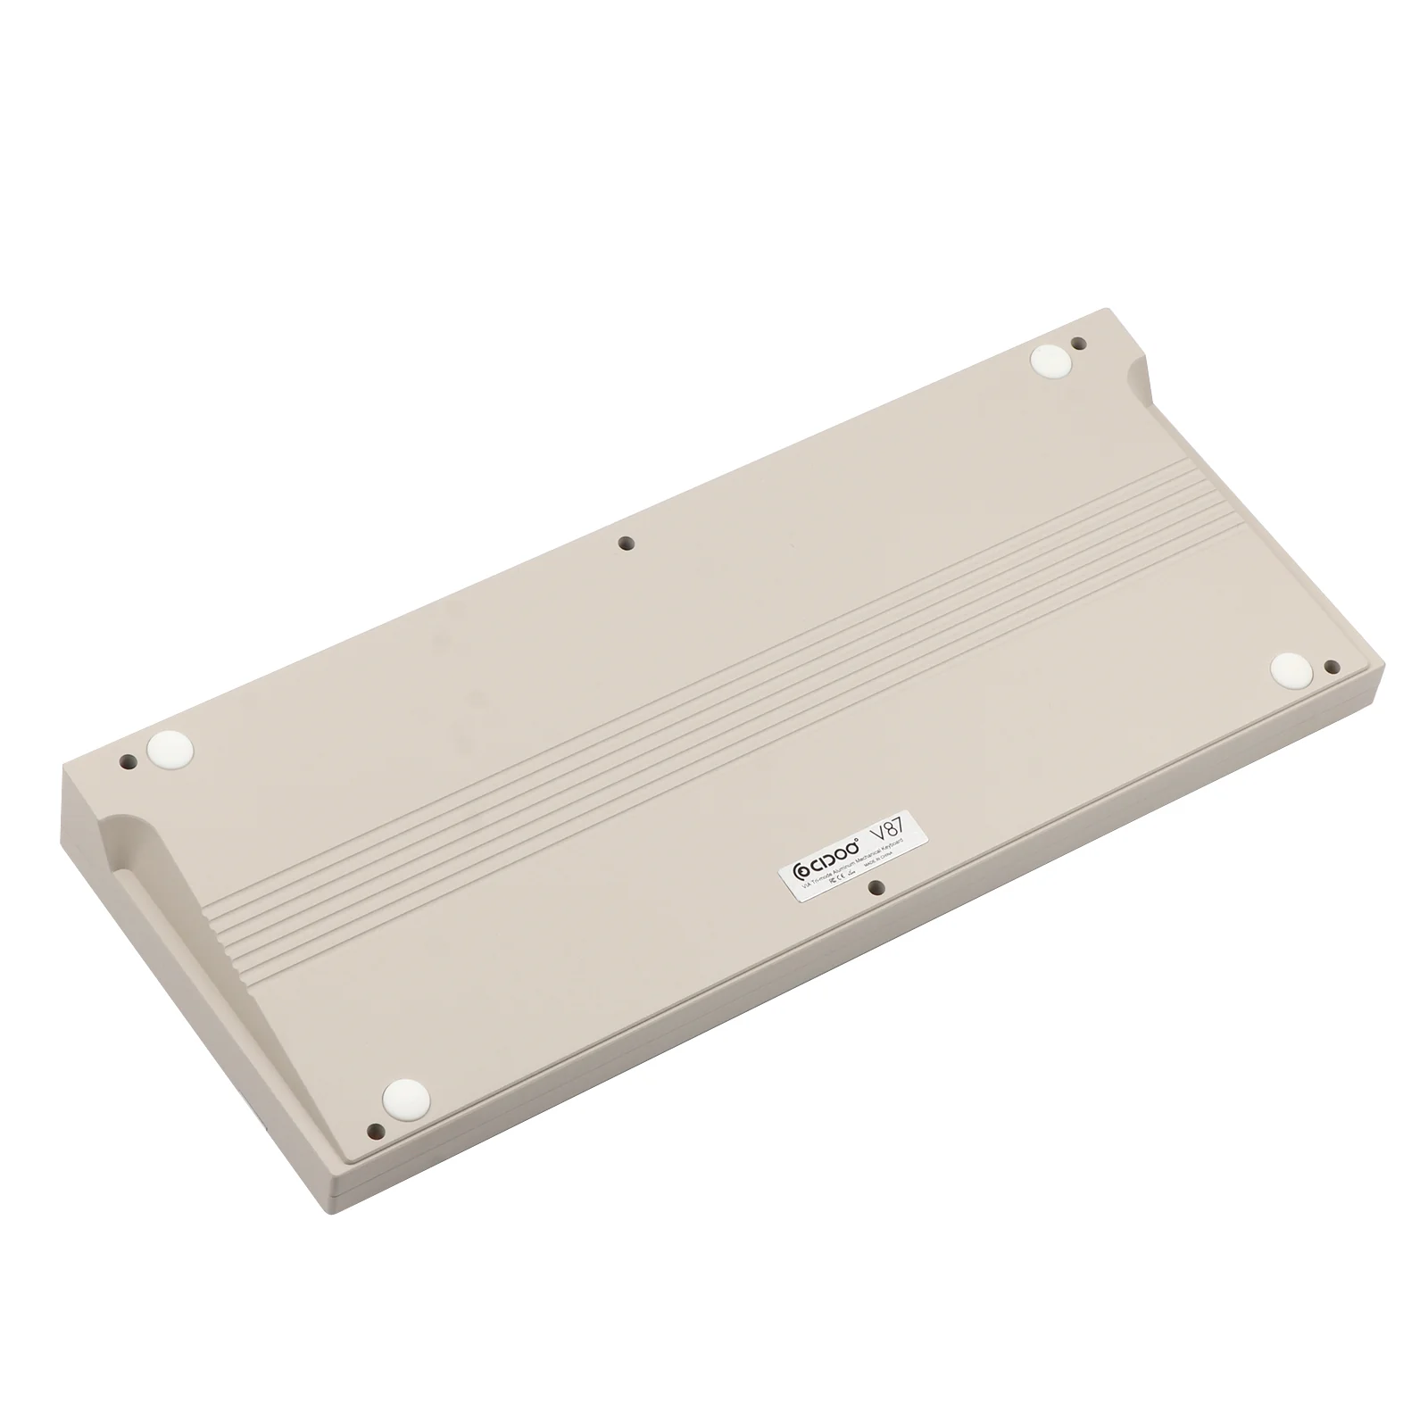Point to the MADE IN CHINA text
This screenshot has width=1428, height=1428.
tap(878, 859)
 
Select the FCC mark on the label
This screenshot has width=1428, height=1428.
tap(832, 880)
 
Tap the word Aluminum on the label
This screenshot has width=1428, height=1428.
tap(843, 868)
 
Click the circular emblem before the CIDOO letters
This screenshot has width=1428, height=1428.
tap(801, 872)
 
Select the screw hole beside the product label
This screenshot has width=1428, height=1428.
tap(876, 887)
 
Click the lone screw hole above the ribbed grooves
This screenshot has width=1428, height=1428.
tap(627, 542)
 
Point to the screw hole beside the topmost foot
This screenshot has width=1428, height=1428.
tap(1077, 343)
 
